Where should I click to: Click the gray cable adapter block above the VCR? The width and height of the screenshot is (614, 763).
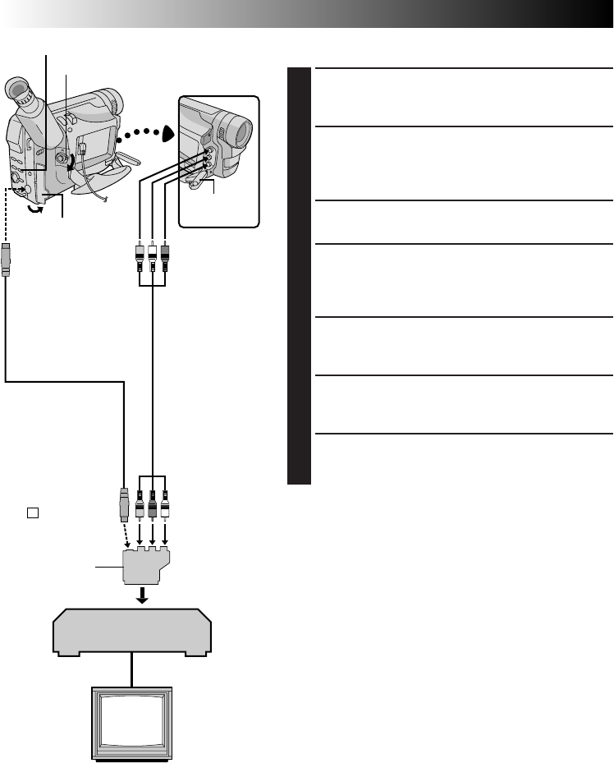coord(149,566)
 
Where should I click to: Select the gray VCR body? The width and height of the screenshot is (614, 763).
coord(132,632)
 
